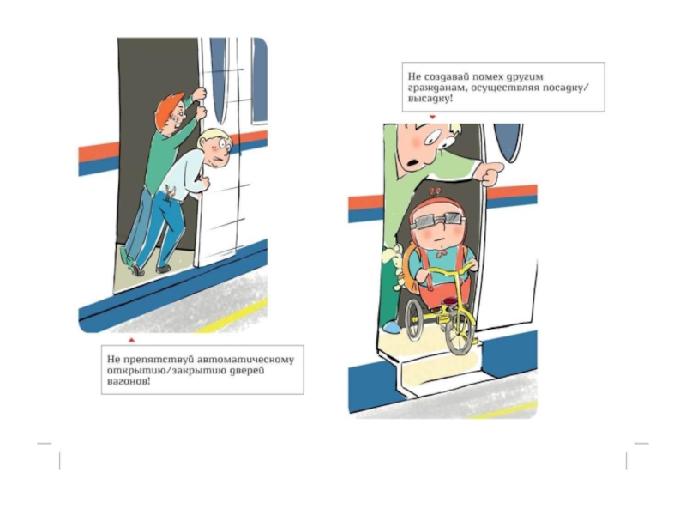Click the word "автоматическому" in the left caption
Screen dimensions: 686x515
point(246,360)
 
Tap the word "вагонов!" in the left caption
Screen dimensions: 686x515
point(129,381)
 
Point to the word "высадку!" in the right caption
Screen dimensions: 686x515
point(430,99)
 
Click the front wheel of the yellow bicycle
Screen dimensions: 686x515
point(460,333)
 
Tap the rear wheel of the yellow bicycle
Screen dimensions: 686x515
point(413,318)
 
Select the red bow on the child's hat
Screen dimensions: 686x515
point(436,191)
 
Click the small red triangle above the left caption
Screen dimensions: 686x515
point(131,340)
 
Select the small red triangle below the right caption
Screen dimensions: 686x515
point(432,117)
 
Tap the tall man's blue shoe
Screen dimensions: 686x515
point(390,327)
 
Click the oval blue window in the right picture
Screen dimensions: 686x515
point(508,141)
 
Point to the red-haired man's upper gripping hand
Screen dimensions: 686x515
point(200,94)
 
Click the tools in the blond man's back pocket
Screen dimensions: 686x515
point(169,190)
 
